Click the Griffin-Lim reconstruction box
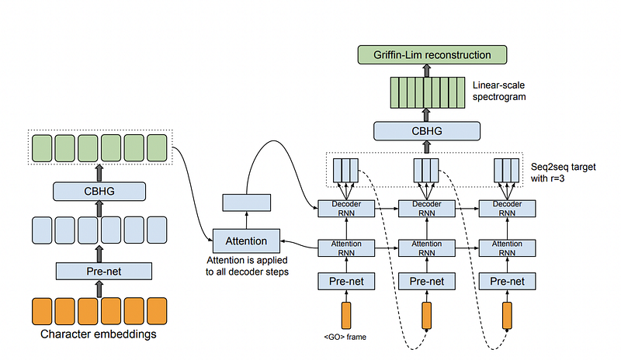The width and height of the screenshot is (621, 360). (x=432, y=54)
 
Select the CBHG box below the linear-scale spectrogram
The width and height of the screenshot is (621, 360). (x=427, y=131)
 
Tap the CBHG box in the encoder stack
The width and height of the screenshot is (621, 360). (x=99, y=192)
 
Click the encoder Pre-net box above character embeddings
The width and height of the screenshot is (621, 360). (x=104, y=272)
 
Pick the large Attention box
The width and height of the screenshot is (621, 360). (x=246, y=241)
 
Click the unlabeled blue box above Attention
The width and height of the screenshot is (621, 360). (x=247, y=202)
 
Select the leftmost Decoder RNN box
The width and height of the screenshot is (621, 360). (x=346, y=209)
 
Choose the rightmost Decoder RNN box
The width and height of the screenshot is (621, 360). (x=508, y=209)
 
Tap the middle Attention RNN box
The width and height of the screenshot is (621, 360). (x=427, y=248)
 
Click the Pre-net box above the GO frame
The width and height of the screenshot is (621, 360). (x=346, y=281)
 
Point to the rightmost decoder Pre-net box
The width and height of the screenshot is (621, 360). (x=508, y=281)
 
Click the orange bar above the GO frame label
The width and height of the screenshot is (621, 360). (x=346, y=316)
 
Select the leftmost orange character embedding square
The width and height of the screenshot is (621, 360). (x=42, y=311)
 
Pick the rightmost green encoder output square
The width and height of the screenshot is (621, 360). (x=157, y=148)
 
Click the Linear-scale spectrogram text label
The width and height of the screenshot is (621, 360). (x=499, y=91)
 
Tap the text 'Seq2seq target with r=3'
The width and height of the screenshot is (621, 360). (x=564, y=172)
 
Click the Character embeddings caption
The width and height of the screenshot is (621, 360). (x=99, y=334)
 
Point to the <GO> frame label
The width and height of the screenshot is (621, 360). (x=345, y=337)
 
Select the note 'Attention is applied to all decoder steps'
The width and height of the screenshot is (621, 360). (x=247, y=266)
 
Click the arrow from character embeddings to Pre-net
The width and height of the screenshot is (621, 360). (x=99, y=289)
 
